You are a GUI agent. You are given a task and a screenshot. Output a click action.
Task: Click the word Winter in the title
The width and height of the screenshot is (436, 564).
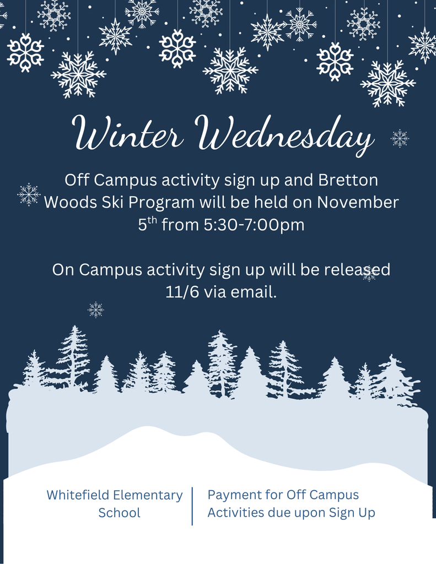(x=128, y=134)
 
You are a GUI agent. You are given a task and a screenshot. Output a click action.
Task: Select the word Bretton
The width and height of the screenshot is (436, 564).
(x=348, y=180)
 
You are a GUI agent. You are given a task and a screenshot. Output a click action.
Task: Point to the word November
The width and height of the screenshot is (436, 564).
(x=358, y=203)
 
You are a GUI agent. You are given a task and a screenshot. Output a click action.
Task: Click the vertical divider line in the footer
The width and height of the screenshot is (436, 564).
(x=192, y=506)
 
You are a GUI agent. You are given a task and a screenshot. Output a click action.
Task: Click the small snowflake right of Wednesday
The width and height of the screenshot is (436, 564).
(x=400, y=138)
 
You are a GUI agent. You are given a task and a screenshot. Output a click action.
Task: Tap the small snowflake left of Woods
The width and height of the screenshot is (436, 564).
(x=29, y=194)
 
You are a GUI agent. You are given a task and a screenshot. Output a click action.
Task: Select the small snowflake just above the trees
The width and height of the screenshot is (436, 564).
(x=95, y=310)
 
